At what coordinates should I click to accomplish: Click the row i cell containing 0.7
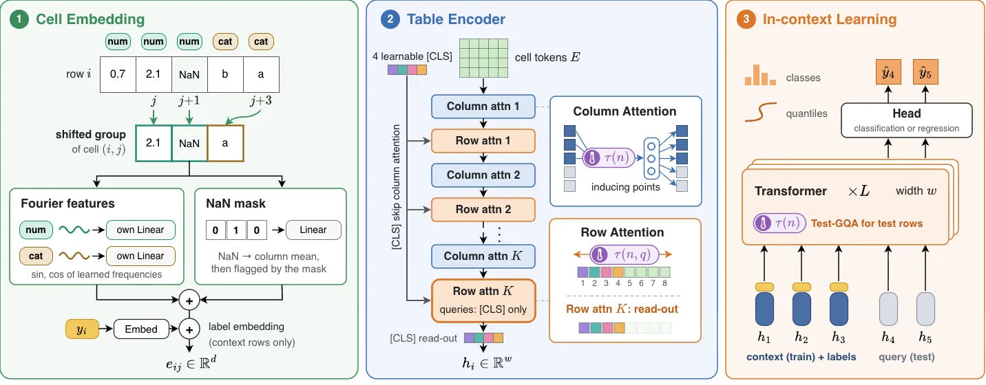[x=118, y=74]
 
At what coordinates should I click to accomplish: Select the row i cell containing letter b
[x=225, y=74]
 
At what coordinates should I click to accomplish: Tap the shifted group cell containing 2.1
[x=154, y=143]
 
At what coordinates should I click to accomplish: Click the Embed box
[x=141, y=329]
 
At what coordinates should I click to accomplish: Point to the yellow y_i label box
[x=82, y=329]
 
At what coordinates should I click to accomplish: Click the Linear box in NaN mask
[x=313, y=230]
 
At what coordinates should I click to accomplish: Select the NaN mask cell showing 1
[x=236, y=230]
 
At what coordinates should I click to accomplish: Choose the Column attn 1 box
[x=483, y=107]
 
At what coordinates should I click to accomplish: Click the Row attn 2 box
[x=483, y=210]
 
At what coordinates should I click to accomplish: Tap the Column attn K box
[x=483, y=256]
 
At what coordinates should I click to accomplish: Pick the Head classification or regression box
[x=907, y=120]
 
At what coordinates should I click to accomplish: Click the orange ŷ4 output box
[x=888, y=72]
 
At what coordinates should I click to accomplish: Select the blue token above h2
[x=801, y=309]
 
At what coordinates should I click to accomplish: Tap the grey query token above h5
[x=925, y=309]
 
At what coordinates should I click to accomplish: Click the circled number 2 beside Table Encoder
[x=390, y=19]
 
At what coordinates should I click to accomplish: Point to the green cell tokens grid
[x=484, y=58]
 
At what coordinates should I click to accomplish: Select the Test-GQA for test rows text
[x=867, y=223]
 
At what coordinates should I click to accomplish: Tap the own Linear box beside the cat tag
[x=140, y=256]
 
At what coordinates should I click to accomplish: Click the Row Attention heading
[x=622, y=232]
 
